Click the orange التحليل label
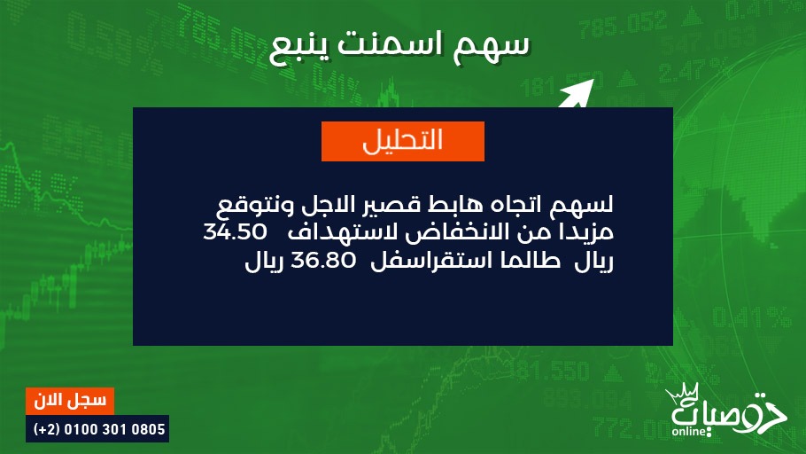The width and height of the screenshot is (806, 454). click(402, 141)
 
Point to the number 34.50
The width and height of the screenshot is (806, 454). click(235, 232)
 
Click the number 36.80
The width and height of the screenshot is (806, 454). click(323, 261)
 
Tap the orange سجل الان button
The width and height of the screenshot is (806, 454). click(70, 401)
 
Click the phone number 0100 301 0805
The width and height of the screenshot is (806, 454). click(114, 429)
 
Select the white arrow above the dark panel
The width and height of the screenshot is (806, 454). click(576, 94)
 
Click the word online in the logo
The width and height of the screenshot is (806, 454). click(689, 431)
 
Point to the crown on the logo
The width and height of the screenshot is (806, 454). click(682, 394)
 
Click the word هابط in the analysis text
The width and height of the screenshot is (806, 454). click(450, 205)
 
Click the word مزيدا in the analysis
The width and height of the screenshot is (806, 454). click(589, 232)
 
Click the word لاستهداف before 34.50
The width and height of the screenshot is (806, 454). click(343, 231)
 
